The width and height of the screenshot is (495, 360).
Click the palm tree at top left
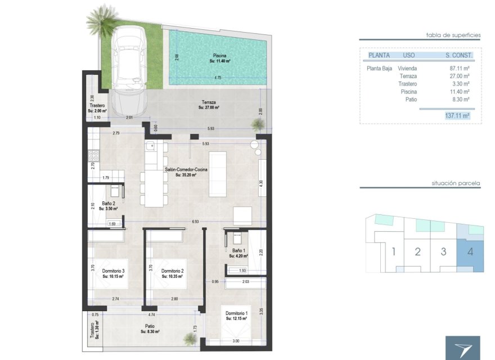tap(102, 18)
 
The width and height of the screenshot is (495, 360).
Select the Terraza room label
tap(210, 104)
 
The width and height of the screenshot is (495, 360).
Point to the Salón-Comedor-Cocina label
tap(186, 169)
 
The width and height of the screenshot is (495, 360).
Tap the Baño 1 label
tap(238, 251)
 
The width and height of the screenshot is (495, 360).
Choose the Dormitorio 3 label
tap(113, 271)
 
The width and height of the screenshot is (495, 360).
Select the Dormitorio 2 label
tap(173, 271)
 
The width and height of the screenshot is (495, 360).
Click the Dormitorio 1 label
tap(237, 313)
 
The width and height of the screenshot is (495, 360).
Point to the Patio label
tap(150, 326)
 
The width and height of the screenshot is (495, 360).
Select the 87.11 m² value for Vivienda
tap(459, 67)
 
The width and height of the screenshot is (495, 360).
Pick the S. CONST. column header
tap(458, 55)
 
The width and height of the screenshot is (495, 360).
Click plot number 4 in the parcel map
tap(470, 251)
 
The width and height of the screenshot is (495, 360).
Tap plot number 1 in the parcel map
tap(394, 251)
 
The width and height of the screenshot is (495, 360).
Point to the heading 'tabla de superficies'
tap(453, 35)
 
